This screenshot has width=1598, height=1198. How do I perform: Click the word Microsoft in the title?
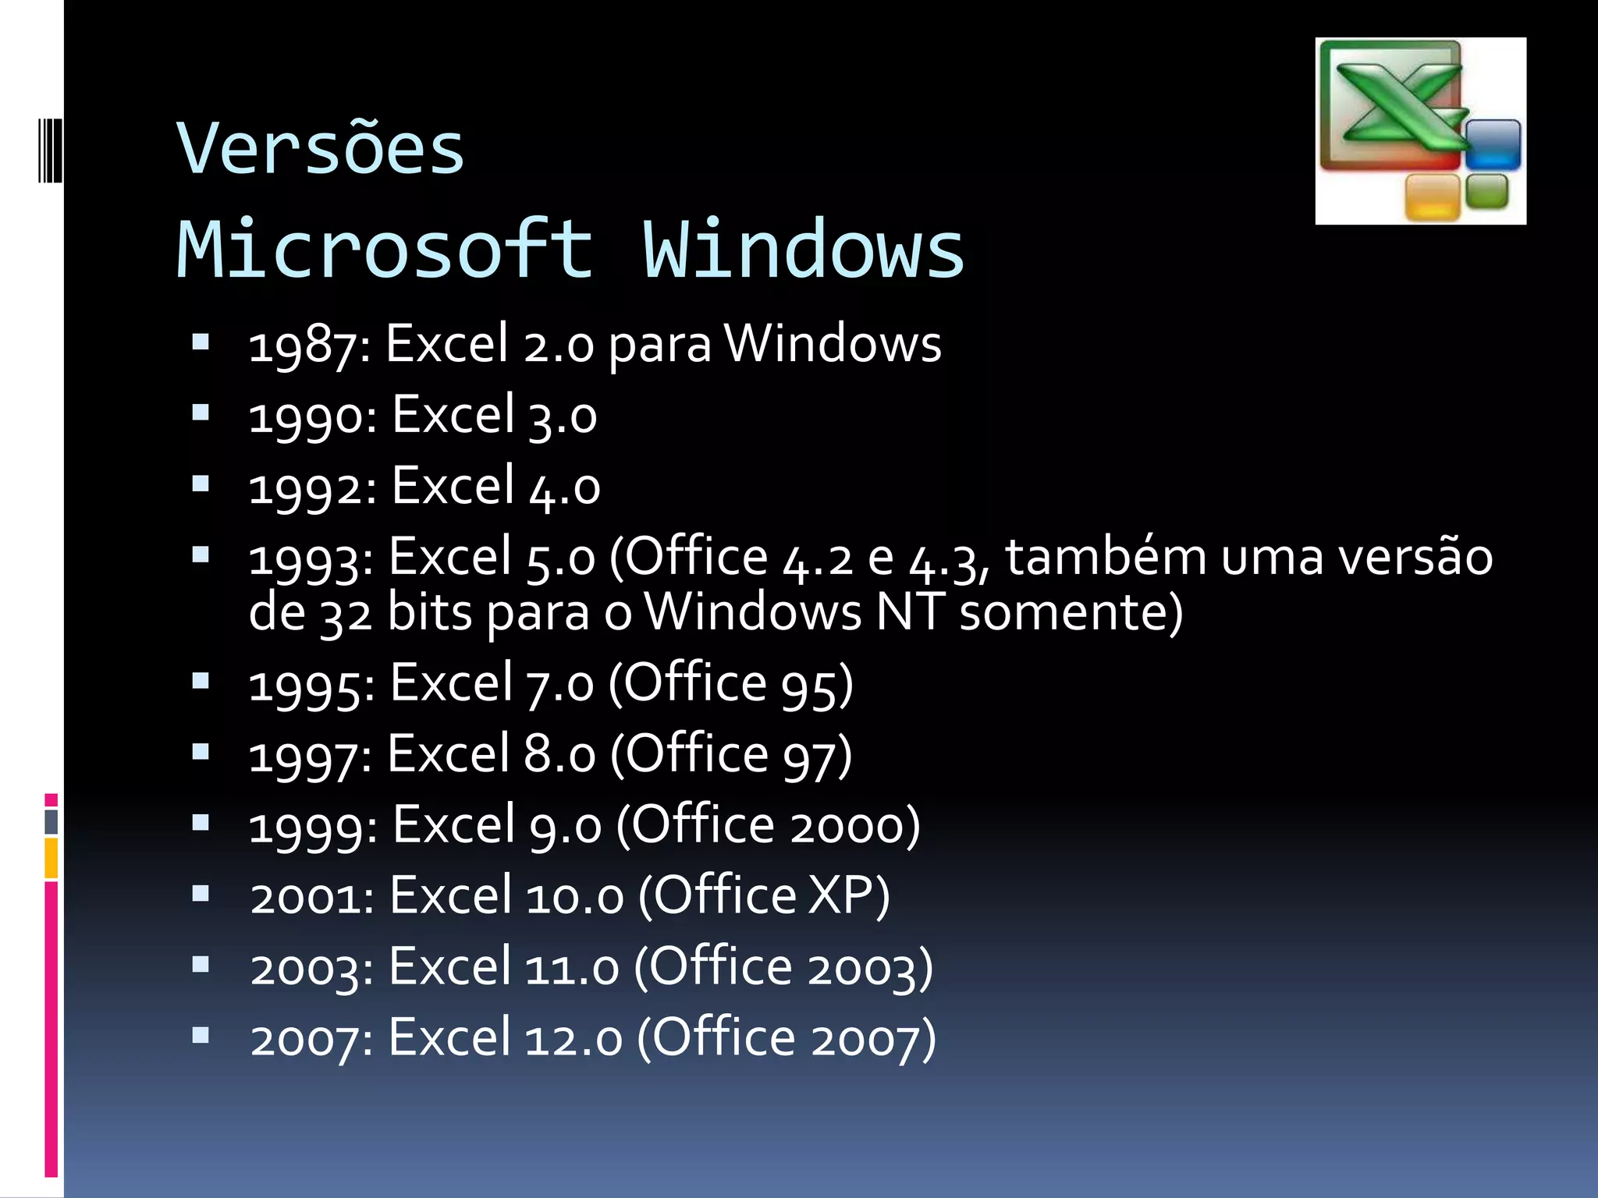[385, 250]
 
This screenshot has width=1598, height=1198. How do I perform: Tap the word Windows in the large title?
[803, 250]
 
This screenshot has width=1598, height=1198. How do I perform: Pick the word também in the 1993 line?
[1106, 558]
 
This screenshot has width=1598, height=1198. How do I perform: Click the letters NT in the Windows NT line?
[910, 612]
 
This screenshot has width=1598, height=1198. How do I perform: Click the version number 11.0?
[572, 968]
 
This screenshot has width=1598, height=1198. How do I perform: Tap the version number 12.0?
[574, 1039]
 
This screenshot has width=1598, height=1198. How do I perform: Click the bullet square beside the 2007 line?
[201, 1035]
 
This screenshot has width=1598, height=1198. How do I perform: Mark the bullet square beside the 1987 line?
[201, 342]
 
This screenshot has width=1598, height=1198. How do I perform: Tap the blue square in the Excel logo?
[1493, 144]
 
